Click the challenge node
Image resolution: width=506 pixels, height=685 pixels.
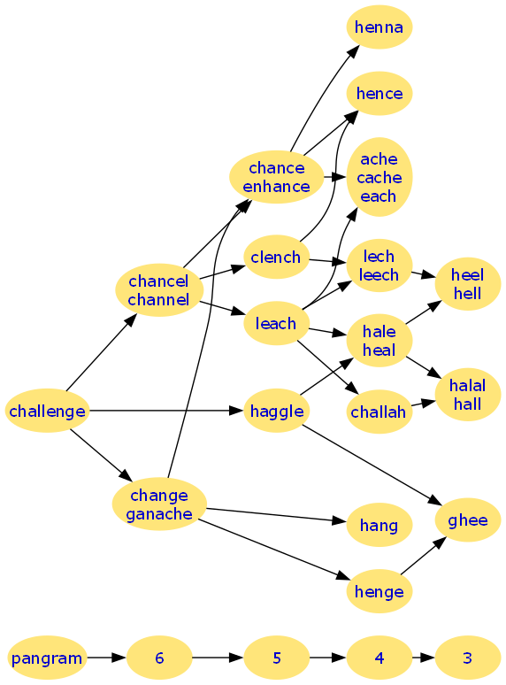click(x=47, y=411)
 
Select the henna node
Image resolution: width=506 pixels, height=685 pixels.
click(x=379, y=27)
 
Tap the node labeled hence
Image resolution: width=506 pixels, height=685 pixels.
click(x=379, y=94)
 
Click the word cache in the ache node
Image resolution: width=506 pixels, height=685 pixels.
click(x=379, y=177)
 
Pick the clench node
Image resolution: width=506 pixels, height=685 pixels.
click(x=276, y=257)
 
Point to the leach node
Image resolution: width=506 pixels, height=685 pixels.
click(x=276, y=323)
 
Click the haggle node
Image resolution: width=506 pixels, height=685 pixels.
click(x=276, y=411)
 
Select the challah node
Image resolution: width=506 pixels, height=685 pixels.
click(x=379, y=412)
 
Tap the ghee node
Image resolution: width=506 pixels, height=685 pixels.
click(x=468, y=520)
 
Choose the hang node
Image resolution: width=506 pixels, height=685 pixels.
click(x=379, y=525)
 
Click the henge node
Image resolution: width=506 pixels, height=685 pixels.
click(x=379, y=591)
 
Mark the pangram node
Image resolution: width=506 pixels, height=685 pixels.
click(x=47, y=658)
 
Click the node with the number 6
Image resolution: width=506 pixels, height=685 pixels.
click(x=159, y=658)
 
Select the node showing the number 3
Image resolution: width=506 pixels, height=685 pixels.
click(x=468, y=658)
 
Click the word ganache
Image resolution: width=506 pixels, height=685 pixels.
click(x=159, y=514)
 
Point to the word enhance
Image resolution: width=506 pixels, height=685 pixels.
click(x=276, y=187)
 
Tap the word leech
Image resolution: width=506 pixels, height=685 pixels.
click(x=379, y=274)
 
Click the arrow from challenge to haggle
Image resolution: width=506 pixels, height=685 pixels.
click(x=166, y=411)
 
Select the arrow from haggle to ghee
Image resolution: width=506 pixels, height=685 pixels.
click(x=372, y=465)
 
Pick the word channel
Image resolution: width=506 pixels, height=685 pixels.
click(x=158, y=300)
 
